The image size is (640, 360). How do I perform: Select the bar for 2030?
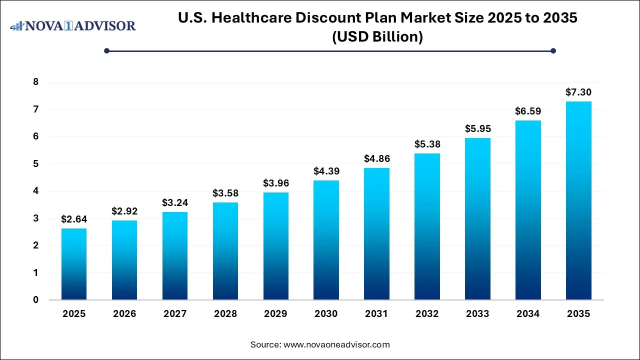(x=326, y=240)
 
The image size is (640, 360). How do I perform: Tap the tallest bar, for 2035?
(x=578, y=200)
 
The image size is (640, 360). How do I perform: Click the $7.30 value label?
(x=578, y=92)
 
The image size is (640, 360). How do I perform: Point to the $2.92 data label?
(x=124, y=211)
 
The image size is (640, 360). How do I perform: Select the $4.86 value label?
(x=376, y=158)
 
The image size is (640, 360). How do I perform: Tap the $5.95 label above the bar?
(x=477, y=128)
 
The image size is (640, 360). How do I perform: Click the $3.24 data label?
(x=174, y=202)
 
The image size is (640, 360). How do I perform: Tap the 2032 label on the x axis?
(x=427, y=314)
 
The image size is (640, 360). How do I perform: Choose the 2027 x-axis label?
(x=174, y=314)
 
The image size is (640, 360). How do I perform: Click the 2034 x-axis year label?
(x=528, y=314)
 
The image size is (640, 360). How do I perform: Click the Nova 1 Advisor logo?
(x=73, y=25)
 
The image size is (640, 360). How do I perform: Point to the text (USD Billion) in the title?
(x=377, y=36)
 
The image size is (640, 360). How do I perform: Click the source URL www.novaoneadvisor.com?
(x=336, y=344)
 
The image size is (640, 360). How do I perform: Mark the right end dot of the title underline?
(x=553, y=50)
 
